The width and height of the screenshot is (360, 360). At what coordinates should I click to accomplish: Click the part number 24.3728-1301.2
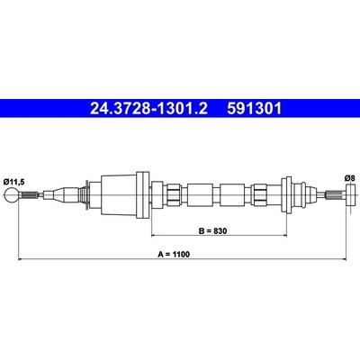[148, 109]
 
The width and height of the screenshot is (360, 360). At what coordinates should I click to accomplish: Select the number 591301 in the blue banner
[254, 109]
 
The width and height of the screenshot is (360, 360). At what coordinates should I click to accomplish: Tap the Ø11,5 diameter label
[13, 181]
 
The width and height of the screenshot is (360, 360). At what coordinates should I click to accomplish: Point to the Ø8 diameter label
[350, 178]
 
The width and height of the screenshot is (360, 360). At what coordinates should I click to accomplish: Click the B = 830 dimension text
[213, 231]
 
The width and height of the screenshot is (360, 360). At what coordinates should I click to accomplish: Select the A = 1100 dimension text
[174, 255]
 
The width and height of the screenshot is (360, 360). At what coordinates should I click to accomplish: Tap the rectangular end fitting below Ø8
[351, 195]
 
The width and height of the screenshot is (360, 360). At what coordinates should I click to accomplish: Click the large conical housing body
[119, 195]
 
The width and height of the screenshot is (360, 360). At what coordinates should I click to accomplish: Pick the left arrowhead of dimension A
[21, 259]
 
